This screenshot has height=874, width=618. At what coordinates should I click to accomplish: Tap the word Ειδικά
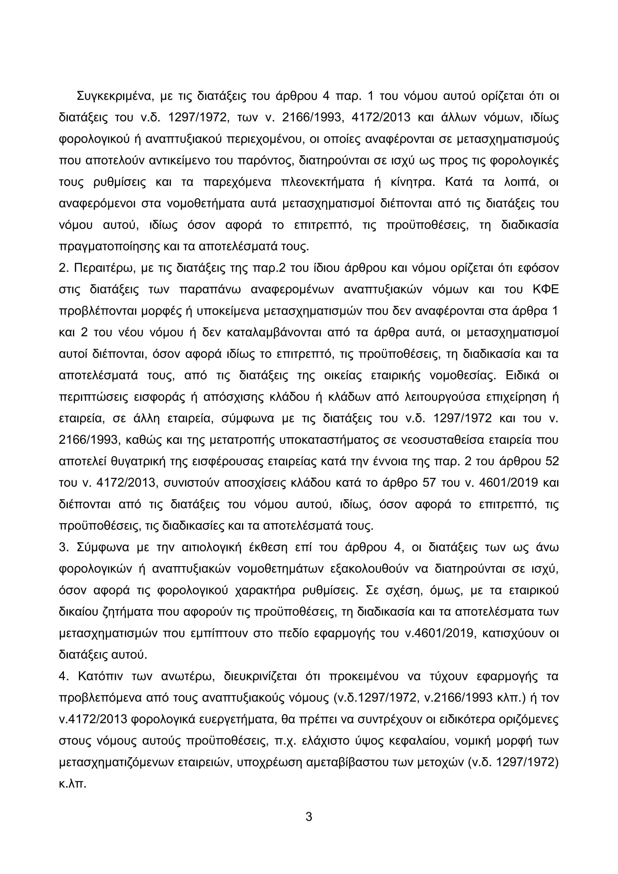coord(522,375)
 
